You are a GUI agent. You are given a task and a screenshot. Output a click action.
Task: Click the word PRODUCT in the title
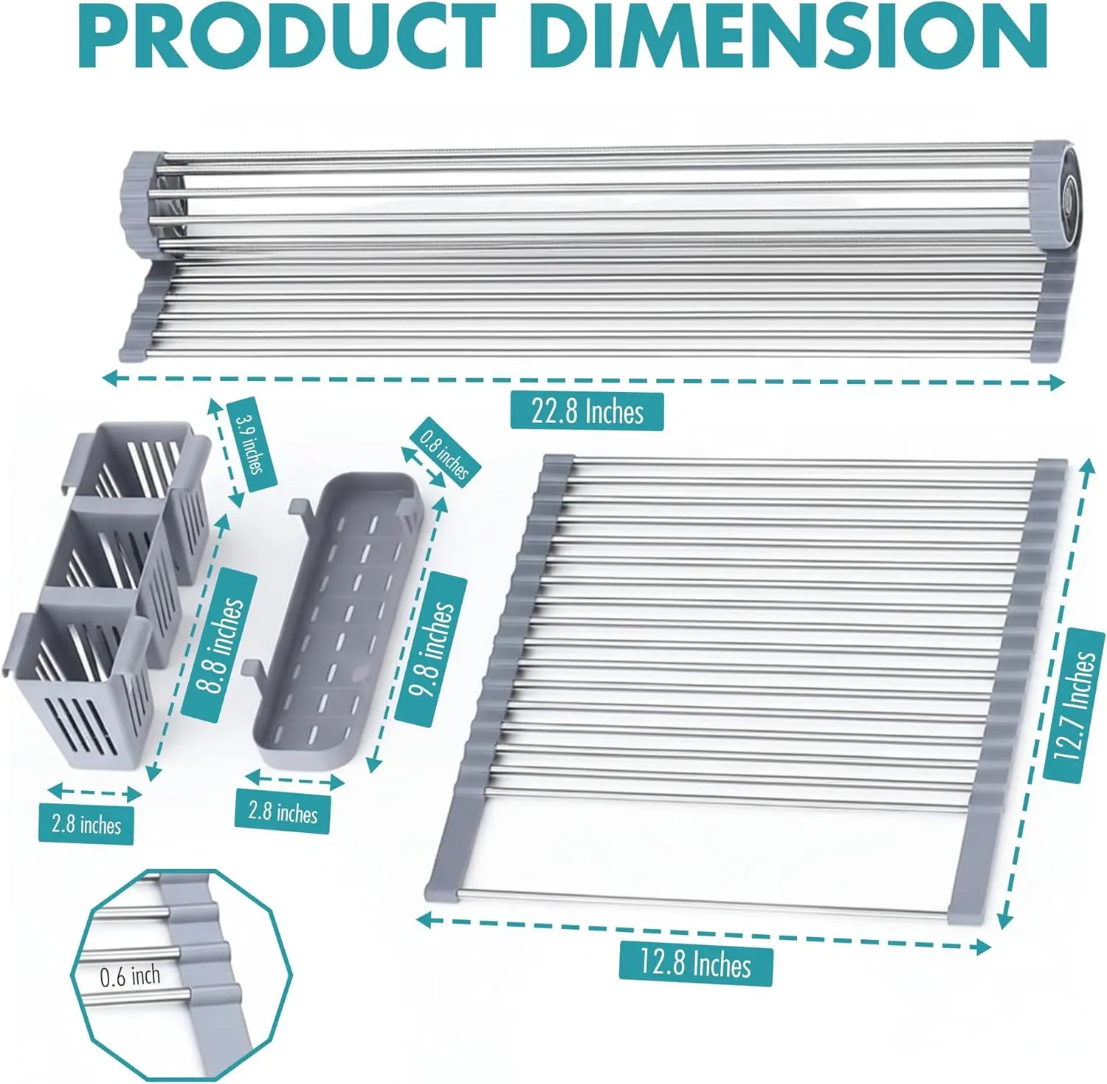click(286, 35)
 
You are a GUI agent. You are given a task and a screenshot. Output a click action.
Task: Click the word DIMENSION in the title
click(788, 35)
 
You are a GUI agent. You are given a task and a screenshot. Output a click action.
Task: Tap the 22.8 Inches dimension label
click(587, 411)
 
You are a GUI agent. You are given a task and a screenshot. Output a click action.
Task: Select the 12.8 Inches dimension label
click(695, 964)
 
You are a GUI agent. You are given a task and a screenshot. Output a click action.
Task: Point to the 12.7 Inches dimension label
click(1074, 705)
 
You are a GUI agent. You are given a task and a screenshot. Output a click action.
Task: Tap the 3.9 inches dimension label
click(251, 442)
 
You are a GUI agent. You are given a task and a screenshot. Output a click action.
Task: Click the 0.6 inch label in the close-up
click(130, 976)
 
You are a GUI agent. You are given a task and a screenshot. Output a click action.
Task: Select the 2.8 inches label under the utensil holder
click(86, 823)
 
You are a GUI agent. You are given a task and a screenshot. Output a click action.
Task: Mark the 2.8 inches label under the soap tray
click(283, 812)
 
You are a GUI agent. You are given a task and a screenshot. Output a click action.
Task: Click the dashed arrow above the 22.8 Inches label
click(583, 380)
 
